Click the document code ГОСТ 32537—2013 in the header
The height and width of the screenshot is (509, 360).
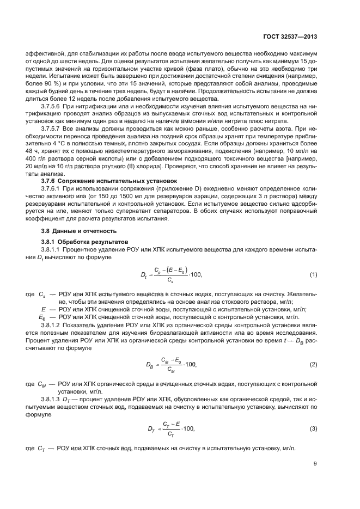288,37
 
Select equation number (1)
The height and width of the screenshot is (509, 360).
313,274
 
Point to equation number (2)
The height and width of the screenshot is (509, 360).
313,364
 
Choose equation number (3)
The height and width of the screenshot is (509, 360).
313,429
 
